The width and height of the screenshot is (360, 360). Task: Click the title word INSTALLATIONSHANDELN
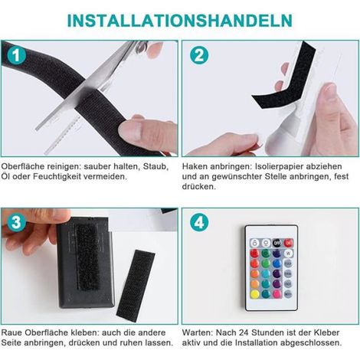179,21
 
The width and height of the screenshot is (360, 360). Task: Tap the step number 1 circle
17,56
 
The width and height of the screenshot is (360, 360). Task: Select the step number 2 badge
199,56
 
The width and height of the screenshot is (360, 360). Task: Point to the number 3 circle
17,222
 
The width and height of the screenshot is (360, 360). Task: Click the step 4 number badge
199,222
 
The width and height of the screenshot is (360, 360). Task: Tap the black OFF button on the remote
277,243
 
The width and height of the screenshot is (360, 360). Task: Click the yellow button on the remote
254,294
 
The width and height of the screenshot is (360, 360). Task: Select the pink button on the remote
277,294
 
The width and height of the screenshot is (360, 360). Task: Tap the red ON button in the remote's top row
288,243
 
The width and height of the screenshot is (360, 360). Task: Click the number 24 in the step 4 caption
244,332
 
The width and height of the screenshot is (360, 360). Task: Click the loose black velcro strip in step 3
136,286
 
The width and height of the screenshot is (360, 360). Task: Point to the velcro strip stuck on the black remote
88,257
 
